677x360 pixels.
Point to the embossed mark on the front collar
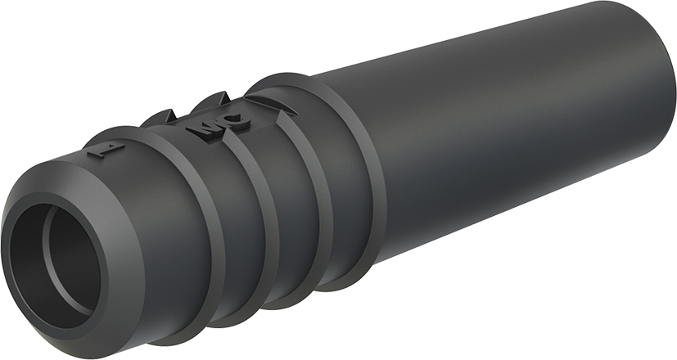(x=103, y=151)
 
